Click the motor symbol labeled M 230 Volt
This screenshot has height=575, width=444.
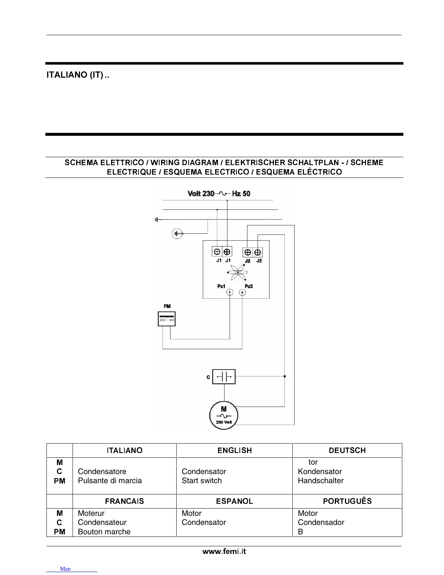[224, 415]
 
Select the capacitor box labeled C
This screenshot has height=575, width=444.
[224, 377]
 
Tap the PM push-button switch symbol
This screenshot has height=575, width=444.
[167, 319]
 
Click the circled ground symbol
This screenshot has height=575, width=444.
[177, 233]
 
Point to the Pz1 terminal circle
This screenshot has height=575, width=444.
[230, 293]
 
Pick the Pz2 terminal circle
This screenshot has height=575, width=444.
[243, 293]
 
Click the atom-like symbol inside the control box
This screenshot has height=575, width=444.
[238, 272]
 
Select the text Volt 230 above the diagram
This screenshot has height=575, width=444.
[201, 193]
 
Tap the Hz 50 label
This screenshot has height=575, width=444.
[241, 193]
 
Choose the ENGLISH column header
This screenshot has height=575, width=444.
[235, 450]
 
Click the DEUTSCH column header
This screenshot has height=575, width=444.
[347, 450]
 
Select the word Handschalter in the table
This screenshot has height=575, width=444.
[321, 481]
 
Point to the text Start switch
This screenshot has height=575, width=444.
[202, 481]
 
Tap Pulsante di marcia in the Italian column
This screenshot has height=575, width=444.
[110, 481]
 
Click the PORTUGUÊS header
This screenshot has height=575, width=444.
[347, 501]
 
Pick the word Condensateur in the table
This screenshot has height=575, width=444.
[102, 522]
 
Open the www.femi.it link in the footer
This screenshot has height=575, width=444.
[224, 551]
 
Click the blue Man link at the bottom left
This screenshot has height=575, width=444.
[66, 569]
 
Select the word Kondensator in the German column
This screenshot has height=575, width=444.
[320, 472]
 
